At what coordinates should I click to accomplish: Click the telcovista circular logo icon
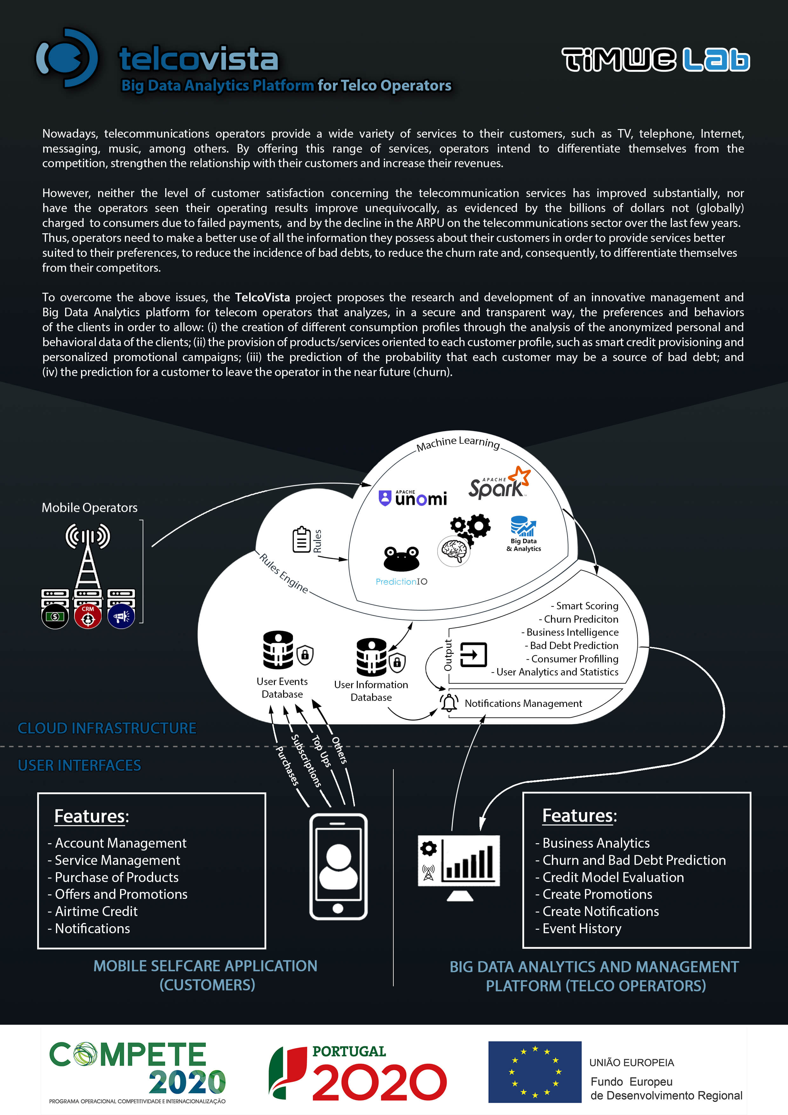click(67, 58)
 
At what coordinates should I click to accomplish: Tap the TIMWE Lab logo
click(656, 60)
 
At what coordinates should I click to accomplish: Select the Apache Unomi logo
click(413, 498)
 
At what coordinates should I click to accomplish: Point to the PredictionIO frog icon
click(401, 558)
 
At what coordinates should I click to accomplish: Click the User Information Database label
click(371, 691)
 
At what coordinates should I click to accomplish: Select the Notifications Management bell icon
click(449, 703)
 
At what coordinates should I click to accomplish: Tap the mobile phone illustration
click(338, 866)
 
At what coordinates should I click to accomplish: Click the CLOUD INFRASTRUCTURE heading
click(107, 728)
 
